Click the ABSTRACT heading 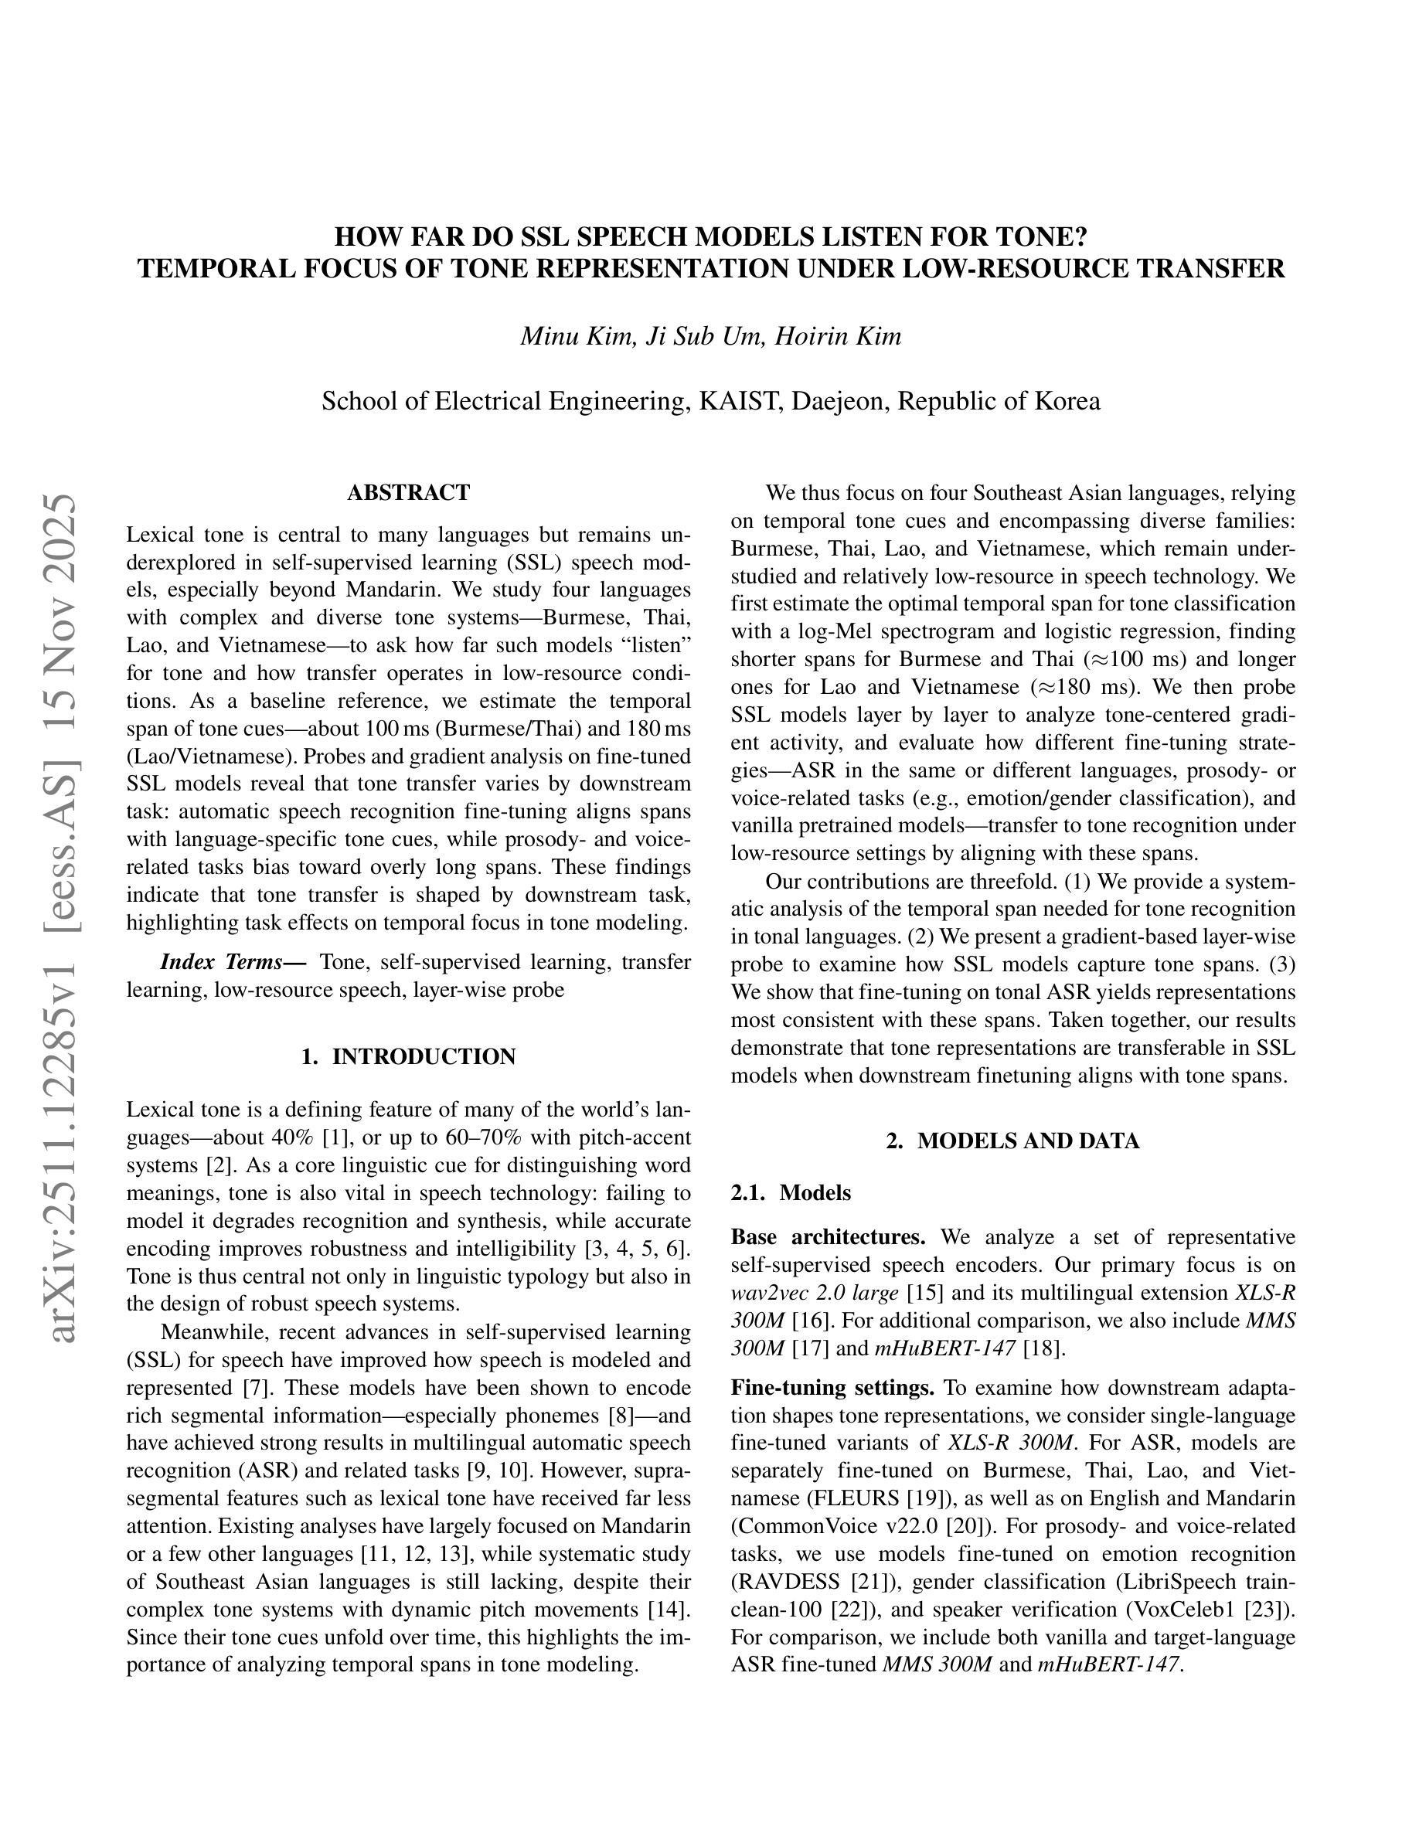[409, 493]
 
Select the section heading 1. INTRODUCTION [409, 1057]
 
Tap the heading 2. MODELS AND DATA [1013, 1141]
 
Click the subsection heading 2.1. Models [791, 1193]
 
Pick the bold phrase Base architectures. [827, 1237]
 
